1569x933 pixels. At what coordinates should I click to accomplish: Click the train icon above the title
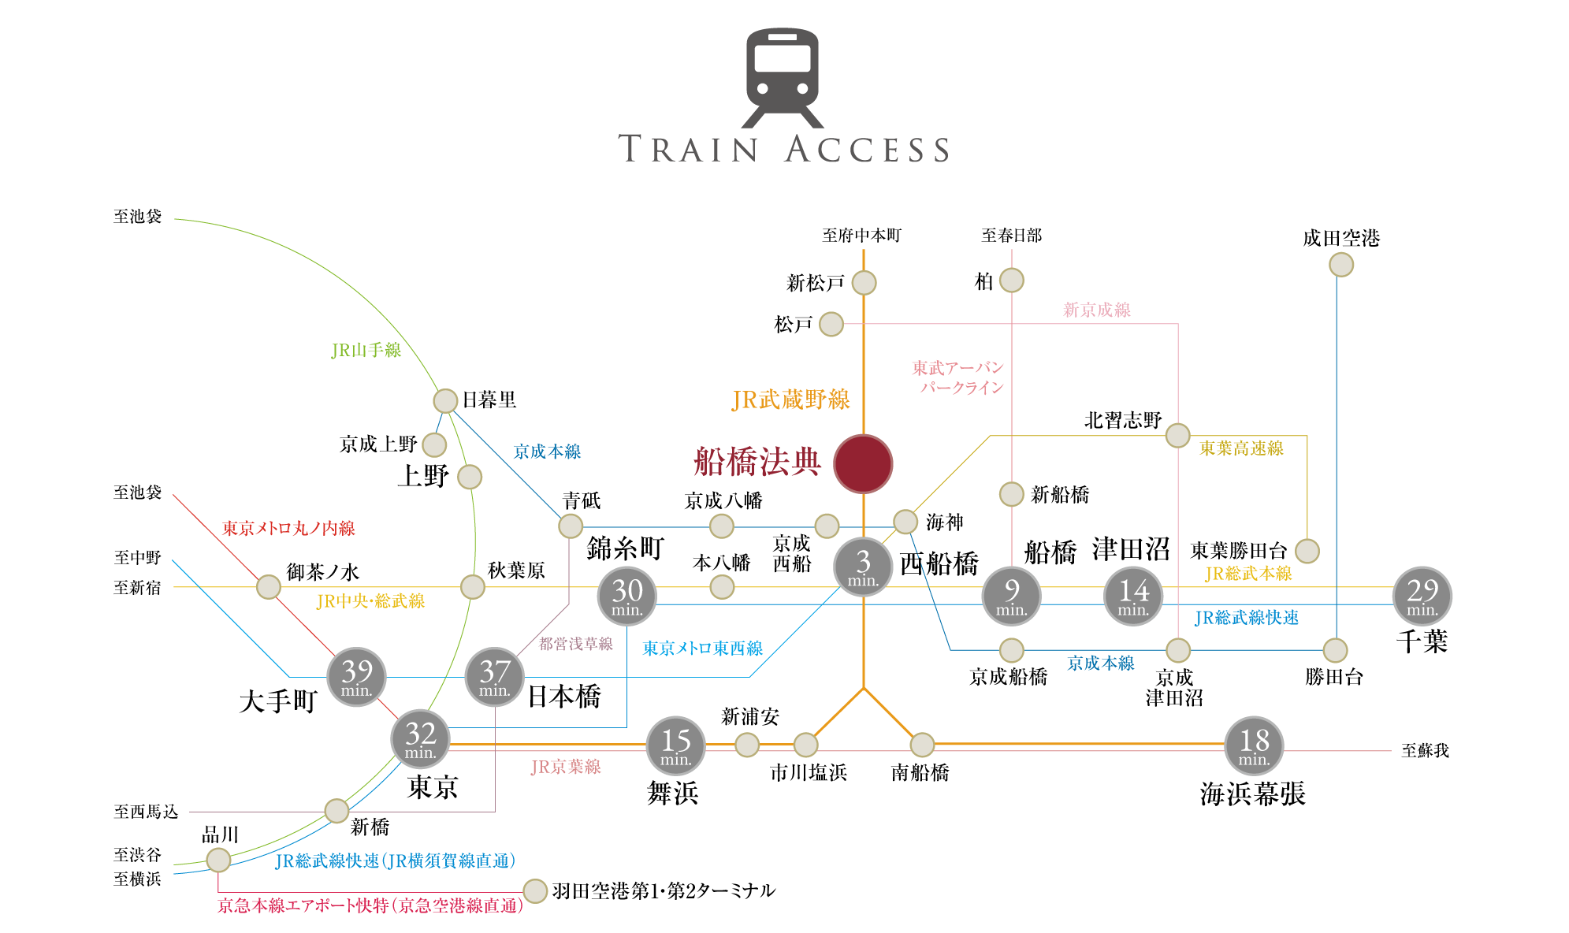click(x=783, y=77)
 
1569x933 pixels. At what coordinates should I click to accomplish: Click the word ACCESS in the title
click(x=867, y=149)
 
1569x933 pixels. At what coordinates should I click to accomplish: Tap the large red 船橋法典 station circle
click(x=863, y=463)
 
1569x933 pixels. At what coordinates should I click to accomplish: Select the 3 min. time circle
click(x=863, y=567)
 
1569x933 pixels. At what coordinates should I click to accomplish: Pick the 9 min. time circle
click(x=1011, y=596)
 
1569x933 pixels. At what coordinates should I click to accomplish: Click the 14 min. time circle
click(x=1133, y=596)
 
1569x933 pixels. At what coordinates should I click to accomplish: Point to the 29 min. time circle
click(x=1422, y=596)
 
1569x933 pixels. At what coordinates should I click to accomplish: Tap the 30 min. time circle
click(x=627, y=596)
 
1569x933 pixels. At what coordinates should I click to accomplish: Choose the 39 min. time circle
click(x=356, y=677)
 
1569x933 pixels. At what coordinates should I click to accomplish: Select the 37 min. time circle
click(x=494, y=677)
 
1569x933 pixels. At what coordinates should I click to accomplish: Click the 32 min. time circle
click(x=420, y=739)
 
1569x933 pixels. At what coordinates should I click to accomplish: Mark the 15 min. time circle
click(x=675, y=745)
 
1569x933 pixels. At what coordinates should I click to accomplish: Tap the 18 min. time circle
click(x=1254, y=745)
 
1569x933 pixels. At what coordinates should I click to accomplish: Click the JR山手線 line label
click(x=366, y=351)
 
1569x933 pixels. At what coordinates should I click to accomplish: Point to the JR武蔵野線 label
click(x=790, y=400)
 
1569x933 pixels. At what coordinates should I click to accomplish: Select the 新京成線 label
click(x=1096, y=310)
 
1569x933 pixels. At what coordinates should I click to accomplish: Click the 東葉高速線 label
click(x=1241, y=448)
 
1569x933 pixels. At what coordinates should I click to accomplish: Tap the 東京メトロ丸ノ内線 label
click(x=288, y=529)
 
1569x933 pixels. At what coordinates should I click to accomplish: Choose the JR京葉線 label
click(x=565, y=767)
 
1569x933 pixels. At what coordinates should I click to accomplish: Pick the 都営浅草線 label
click(x=575, y=644)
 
